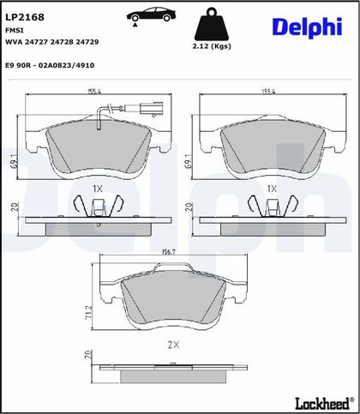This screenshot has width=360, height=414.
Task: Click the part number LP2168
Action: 25,17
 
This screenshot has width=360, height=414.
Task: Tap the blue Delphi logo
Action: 307,27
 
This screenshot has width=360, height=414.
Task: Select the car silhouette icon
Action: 151,15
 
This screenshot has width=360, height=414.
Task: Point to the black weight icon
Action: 212,24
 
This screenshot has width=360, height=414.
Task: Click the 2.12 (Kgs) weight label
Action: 212,46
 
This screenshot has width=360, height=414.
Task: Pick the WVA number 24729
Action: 87,42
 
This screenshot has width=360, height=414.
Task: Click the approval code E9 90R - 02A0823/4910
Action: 50,65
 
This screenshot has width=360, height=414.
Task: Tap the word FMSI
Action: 15,30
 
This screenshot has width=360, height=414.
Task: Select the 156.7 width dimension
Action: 168,252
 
